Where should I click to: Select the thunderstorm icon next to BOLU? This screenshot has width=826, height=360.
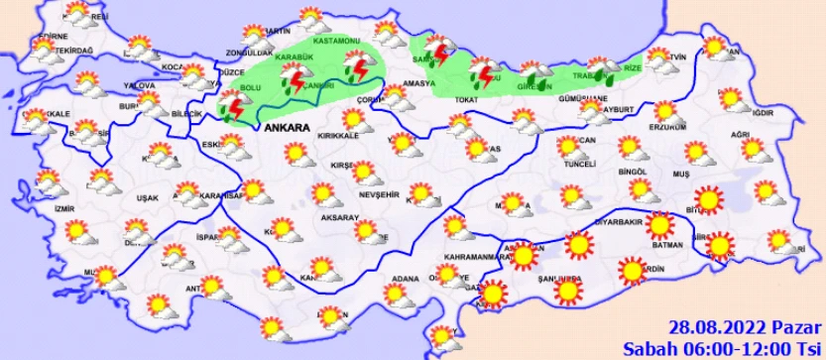click(234, 106)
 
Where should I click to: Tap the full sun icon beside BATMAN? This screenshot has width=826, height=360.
click(661, 227)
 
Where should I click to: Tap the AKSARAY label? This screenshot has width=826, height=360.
click(311, 214)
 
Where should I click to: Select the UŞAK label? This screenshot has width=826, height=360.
click(147, 198)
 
